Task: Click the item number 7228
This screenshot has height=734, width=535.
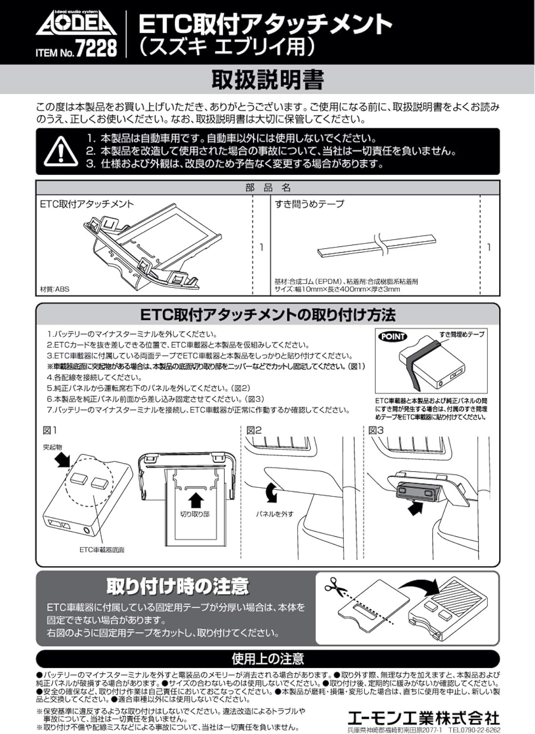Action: click(x=96, y=49)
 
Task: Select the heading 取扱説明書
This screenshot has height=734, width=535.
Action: click(x=267, y=79)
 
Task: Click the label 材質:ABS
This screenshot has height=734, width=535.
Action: click(x=54, y=289)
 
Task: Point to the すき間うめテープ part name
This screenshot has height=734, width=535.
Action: click(x=309, y=204)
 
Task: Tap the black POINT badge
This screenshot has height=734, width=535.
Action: click(x=393, y=336)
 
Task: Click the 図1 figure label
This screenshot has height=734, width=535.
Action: click(x=50, y=431)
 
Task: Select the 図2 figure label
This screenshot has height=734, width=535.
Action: click(x=254, y=431)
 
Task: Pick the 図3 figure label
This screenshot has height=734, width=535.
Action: click(x=376, y=431)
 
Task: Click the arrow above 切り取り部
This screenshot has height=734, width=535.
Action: click(x=196, y=500)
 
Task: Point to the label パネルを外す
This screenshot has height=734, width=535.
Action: click(x=275, y=514)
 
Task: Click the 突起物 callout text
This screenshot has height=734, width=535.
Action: click(x=52, y=447)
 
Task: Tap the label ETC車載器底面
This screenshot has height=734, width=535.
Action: click(x=102, y=550)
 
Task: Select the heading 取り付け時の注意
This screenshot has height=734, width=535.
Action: click(x=178, y=586)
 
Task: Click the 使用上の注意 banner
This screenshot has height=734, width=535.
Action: click(x=267, y=659)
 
